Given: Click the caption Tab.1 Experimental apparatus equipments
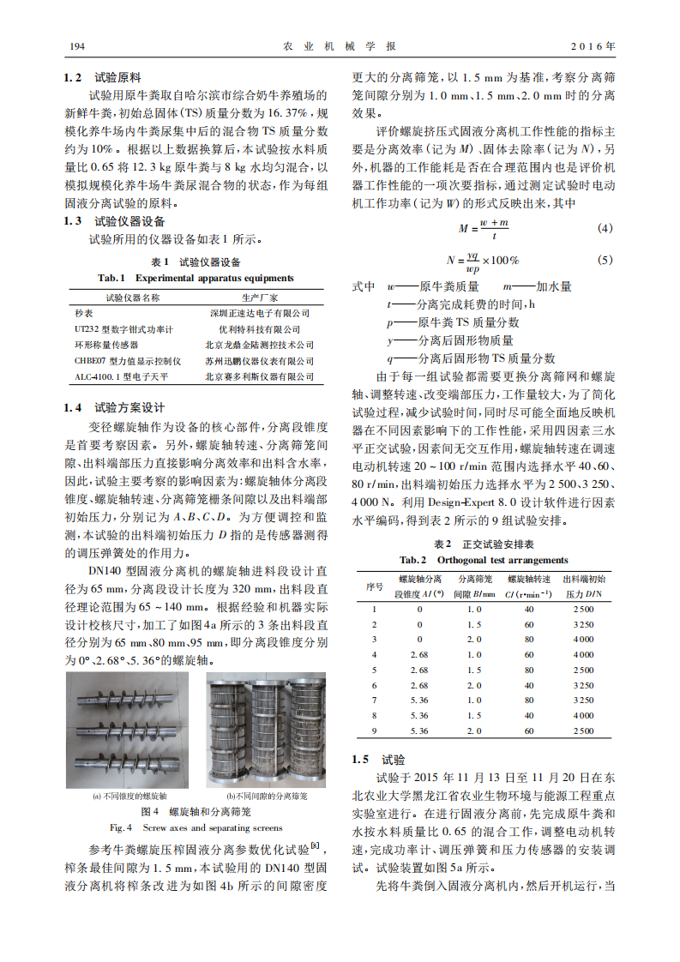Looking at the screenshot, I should [x=196, y=278].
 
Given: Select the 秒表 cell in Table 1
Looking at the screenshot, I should [x=82, y=313].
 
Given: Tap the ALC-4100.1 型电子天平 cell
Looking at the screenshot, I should [x=121, y=376].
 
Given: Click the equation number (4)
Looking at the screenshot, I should [x=605, y=229].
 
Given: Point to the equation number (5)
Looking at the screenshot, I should [x=605, y=260].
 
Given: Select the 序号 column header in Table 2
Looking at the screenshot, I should [x=374, y=586].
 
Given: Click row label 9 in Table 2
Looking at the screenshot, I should [x=374, y=730].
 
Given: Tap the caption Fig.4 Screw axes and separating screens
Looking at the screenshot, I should [x=196, y=827].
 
